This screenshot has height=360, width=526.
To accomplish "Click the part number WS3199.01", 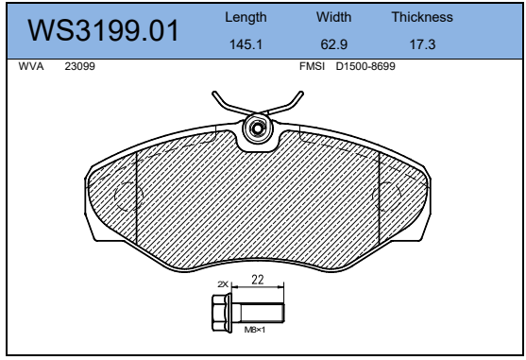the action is tap(103, 30).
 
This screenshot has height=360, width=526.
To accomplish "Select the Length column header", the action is tap(246, 17).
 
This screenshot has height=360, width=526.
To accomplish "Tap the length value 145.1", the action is tap(246, 44).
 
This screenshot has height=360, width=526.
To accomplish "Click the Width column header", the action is tap(333, 17).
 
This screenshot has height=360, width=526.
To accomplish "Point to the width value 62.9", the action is tap(333, 44).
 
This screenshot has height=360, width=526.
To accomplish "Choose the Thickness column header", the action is tap(422, 17).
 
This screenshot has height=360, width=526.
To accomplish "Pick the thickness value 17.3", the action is tap(422, 44).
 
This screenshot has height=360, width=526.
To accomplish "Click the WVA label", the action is tap(31, 66).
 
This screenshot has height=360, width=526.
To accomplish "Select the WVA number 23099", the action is tap(80, 66).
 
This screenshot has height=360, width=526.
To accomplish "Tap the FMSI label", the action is tap(312, 66).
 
